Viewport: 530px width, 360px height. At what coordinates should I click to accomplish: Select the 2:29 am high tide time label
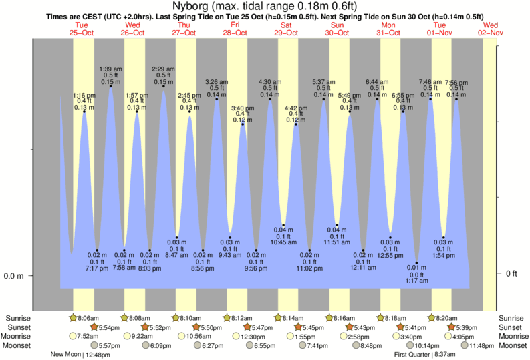[x=164, y=69]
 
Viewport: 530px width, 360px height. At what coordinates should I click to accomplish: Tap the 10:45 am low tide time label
[x=283, y=242]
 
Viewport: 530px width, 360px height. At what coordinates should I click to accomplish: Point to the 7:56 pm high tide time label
[x=456, y=82]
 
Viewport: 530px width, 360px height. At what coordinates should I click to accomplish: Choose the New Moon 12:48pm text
[x=80, y=355]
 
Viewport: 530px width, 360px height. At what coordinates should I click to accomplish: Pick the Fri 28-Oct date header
[x=235, y=28]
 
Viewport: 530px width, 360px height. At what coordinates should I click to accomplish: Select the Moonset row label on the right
[x=513, y=345]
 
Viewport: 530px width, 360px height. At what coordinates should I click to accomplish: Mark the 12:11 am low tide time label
[x=364, y=268]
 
